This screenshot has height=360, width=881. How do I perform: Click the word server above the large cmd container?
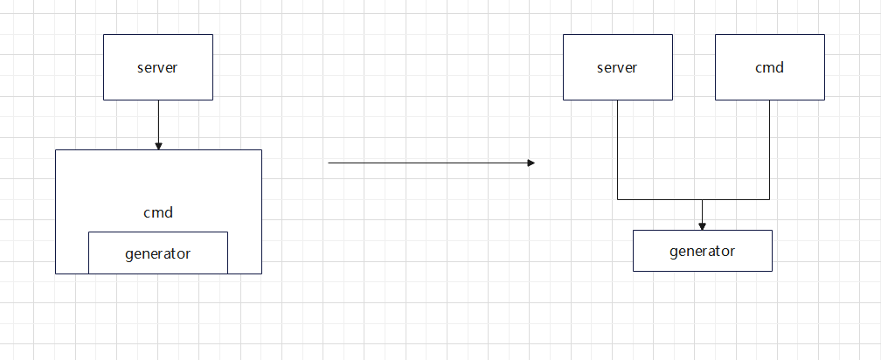tap(157, 67)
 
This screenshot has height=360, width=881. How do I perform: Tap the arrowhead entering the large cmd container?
tap(158, 145)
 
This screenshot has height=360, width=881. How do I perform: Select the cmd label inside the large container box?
tap(157, 211)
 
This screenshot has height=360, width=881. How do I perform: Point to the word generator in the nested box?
tap(157, 253)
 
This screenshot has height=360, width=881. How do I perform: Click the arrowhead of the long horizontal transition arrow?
tap(530, 163)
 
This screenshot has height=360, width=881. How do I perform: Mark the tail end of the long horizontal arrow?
tap(330, 163)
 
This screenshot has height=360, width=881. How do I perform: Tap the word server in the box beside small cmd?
tap(617, 67)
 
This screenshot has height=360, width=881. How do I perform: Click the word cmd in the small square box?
tap(769, 67)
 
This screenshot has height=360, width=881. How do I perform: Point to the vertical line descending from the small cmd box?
tap(769, 149)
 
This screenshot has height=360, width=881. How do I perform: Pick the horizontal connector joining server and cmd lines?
tap(664, 199)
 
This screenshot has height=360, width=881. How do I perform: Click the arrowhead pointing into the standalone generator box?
tap(702, 225)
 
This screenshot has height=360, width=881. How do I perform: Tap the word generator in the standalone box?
tap(702, 251)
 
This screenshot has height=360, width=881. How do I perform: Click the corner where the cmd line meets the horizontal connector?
tap(769, 199)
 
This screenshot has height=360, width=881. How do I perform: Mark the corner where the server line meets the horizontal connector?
tap(618, 199)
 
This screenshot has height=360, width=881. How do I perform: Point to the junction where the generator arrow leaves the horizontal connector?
tap(702, 199)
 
